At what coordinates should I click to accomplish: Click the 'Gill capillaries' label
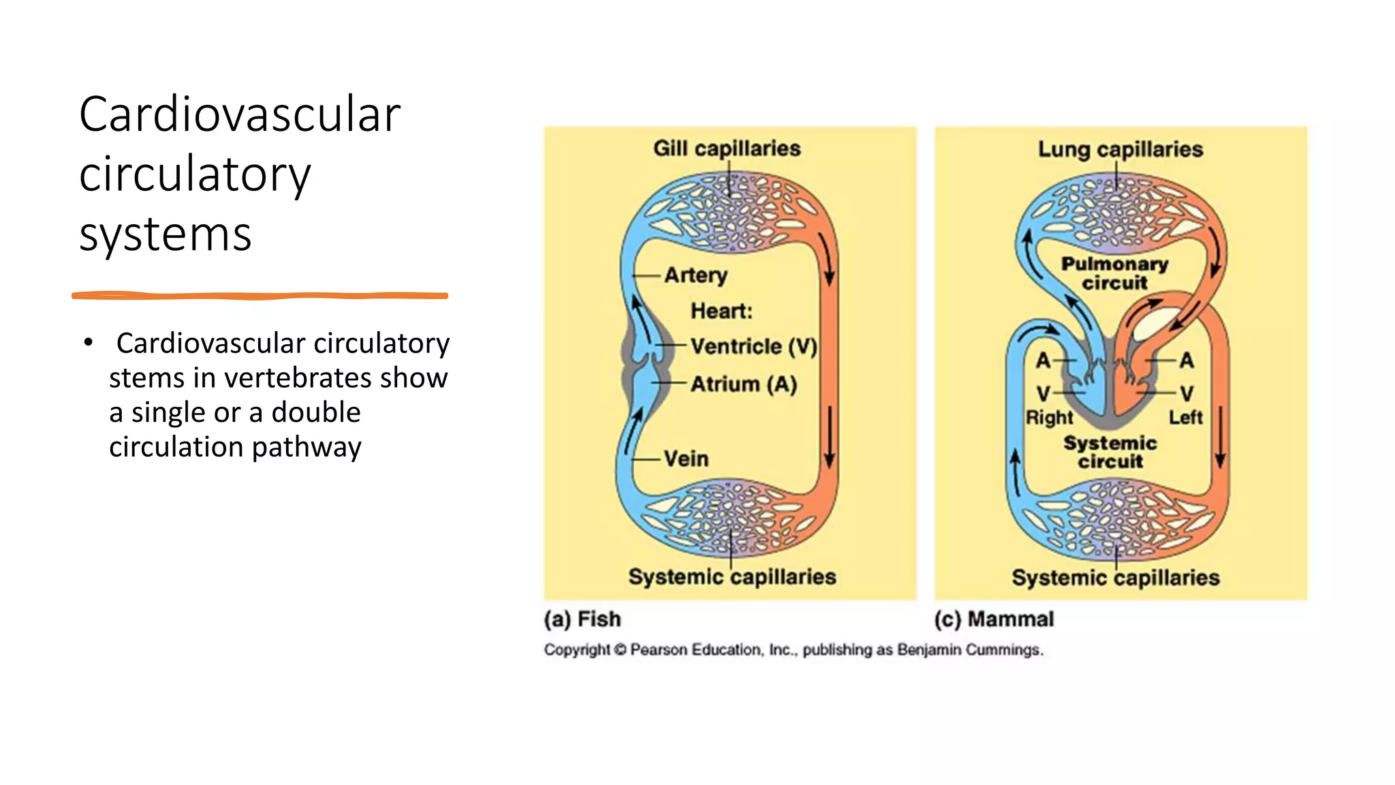click(x=727, y=149)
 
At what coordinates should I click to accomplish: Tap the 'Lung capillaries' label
click(x=1120, y=149)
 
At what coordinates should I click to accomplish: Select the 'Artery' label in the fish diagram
click(x=695, y=275)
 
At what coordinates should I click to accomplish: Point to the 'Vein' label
click(x=686, y=459)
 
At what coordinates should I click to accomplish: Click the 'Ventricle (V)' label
click(x=753, y=346)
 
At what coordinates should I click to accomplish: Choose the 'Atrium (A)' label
click(x=743, y=384)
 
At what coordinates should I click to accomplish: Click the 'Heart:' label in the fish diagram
click(x=721, y=311)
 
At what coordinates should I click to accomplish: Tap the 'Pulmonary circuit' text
click(x=1114, y=273)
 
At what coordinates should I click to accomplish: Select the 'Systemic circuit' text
click(x=1110, y=452)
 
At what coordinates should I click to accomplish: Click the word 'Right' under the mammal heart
click(x=1049, y=417)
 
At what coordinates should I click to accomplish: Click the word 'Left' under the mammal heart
click(x=1186, y=417)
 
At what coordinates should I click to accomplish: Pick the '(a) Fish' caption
click(x=582, y=619)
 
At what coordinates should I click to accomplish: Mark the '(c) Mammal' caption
click(x=994, y=619)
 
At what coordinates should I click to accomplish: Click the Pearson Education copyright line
click(x=793, y=649)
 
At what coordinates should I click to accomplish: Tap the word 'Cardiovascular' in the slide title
click(x=240, y=114)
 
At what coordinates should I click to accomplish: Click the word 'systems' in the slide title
click(x=166, y=234)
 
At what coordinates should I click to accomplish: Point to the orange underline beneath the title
click(x=260, y=296)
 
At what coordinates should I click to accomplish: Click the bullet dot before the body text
click(x=88, y=342)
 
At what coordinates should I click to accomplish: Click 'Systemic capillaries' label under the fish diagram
click(x=732, y=576)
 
